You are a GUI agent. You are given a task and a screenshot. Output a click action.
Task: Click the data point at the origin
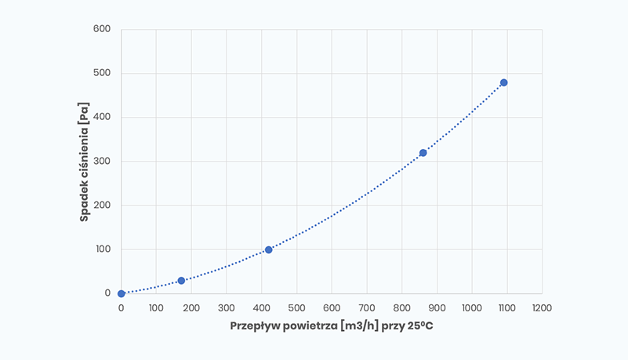coord(122,293)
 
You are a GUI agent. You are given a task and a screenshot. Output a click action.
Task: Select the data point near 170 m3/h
coord(181,280)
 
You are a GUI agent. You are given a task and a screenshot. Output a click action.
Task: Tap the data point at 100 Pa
coord(268,249)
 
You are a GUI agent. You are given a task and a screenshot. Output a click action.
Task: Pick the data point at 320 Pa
coord(423,153)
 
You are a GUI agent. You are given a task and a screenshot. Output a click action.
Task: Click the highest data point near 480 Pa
coord(503,82)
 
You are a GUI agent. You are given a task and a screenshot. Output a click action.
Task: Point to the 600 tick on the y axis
coord(103,30)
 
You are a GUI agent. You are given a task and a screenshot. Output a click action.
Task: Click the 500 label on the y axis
coord(103,74)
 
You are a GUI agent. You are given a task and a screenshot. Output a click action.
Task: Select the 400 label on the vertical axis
coord(103,118)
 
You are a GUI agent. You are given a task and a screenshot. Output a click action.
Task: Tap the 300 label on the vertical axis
coord(103,162)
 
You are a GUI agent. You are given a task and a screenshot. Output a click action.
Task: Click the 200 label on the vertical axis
coord(103,205)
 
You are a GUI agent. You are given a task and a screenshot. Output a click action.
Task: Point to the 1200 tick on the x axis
coord(541,308)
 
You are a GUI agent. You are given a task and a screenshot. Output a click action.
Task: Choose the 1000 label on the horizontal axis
coord(471,308)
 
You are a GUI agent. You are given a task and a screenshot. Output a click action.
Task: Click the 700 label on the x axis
coord(366,308)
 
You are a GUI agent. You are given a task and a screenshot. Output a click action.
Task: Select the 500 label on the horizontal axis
coord(296,308)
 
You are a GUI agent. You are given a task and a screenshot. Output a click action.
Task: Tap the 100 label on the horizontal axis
coord(156,308)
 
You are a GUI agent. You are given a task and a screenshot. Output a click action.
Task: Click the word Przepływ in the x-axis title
coord(252,325)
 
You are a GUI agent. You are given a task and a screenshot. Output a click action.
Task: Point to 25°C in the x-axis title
coord(419,325)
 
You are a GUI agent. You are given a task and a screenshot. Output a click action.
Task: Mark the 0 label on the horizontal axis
coord(122,308)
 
